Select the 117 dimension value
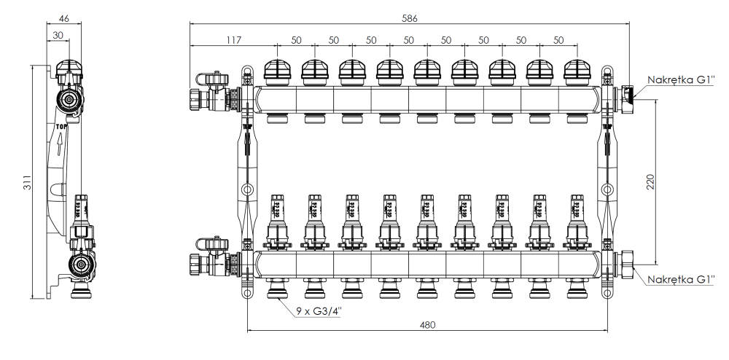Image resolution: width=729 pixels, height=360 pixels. point(233,39)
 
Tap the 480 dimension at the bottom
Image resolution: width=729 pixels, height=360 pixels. point(429,324)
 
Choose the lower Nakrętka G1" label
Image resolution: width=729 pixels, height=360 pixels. point(680,279)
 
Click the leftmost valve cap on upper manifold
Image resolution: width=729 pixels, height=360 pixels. point(278,71)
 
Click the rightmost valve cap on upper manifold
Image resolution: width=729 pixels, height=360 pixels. point(577,71)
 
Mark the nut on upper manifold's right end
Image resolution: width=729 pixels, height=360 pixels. point(627,94)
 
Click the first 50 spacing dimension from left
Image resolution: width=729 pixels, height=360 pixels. point(296,39)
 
